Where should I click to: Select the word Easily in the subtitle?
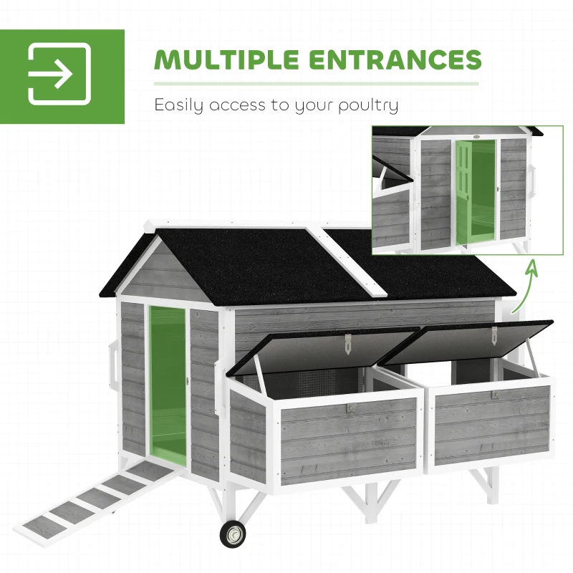click(180, 105)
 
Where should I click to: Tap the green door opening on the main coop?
click(167, 383)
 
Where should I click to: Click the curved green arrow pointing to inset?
click(525, 286)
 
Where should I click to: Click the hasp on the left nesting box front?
click(349, 407)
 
